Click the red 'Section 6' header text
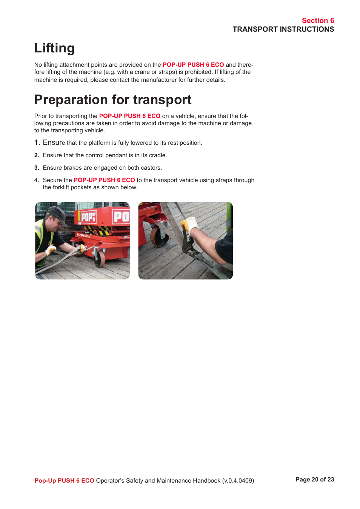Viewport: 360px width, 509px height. (x=318, y=21)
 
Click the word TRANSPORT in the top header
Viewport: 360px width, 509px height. (x=255, y=29)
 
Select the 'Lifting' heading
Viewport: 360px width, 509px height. (x=54, y=48)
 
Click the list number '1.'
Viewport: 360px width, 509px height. (x=37, y=143)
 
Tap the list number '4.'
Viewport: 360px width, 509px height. (x=37, y=180)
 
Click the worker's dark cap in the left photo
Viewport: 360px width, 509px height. (x=57, y=213)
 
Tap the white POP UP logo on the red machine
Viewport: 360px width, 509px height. (x=89, y=216)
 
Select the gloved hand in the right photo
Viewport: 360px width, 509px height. (x=189, y=225)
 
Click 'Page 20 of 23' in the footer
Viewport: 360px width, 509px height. (x=314, y=480)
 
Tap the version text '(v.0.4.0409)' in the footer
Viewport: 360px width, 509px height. (x=238, y=481)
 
